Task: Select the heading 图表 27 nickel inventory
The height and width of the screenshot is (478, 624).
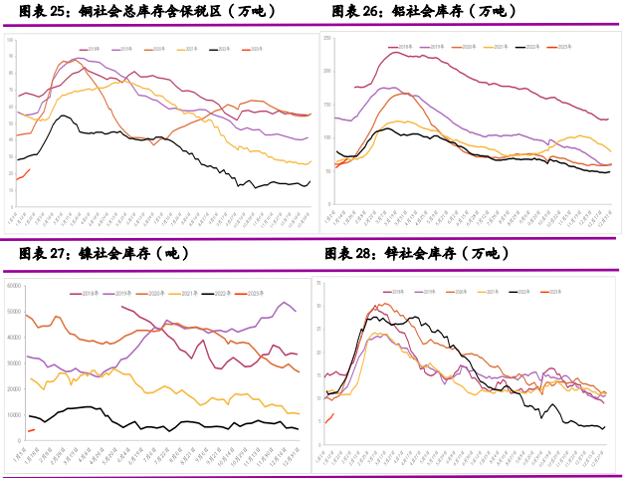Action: tap(104, 254)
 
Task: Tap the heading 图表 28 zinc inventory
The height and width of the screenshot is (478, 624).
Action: tap(418, 254)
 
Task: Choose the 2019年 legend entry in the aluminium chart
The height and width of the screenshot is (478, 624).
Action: tap(434, 47)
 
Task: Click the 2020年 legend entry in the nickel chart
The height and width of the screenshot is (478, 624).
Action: tap(152, 293)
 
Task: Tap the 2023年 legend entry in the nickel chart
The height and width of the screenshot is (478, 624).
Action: tap(252, 293)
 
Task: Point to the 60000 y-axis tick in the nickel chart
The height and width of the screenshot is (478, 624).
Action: tap(14, 286)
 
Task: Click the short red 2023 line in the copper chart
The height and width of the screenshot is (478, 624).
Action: tap(22, 175)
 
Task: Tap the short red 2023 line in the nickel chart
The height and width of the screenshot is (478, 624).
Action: tap(31, 430)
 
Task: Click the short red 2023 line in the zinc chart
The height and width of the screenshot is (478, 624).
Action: tap(329, 418)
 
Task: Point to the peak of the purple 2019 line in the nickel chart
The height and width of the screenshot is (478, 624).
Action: tap(286, 303)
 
